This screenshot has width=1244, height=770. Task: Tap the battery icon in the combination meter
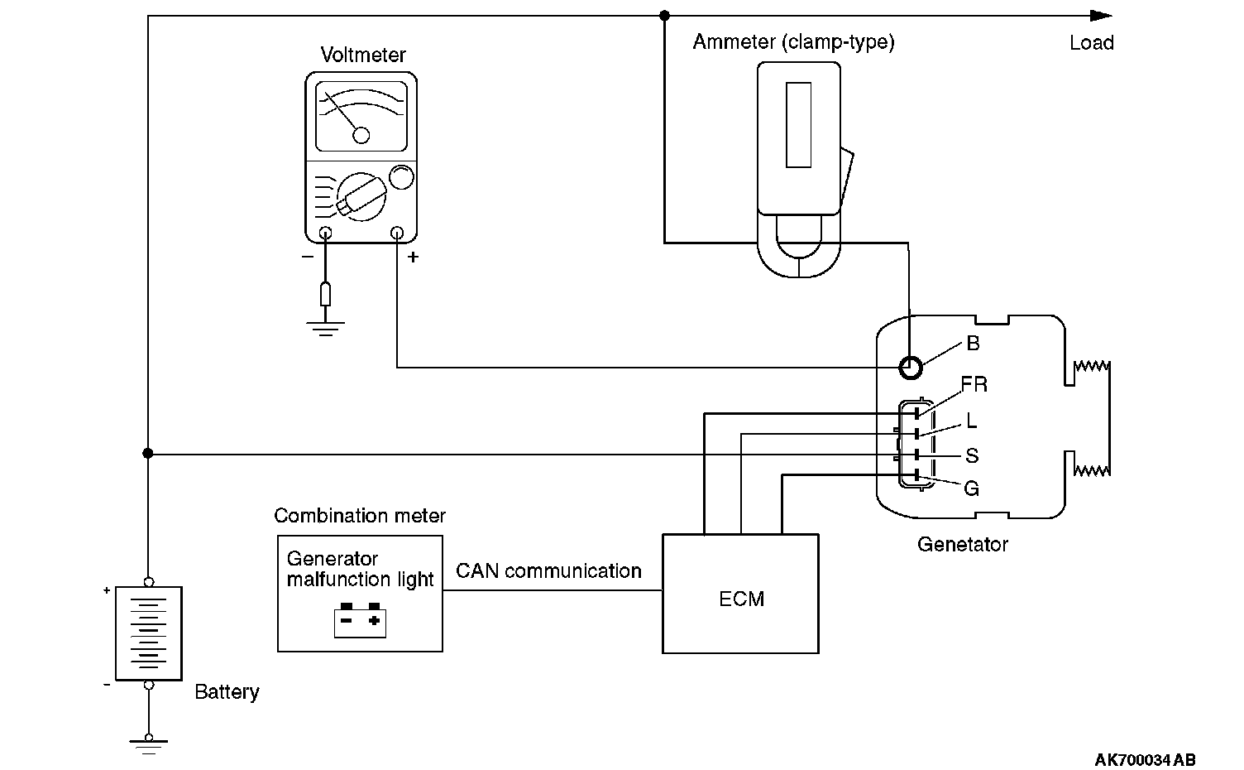361,620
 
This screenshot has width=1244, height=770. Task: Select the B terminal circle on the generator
910,367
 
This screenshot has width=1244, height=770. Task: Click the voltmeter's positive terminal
397,233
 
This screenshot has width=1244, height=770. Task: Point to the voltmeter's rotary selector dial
361,197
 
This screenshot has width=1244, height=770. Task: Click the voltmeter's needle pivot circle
361,135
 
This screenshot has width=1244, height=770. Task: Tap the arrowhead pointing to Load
1101,16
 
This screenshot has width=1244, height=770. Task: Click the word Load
1091,43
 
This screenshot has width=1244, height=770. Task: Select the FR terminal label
974,384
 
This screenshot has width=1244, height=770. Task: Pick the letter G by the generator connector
972,488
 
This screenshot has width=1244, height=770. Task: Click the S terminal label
972,455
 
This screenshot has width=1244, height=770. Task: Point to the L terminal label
971,421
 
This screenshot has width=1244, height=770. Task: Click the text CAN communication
548,571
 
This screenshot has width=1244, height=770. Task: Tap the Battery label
227,692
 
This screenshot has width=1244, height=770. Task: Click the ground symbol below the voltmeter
325,328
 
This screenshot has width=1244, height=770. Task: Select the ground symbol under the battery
149,745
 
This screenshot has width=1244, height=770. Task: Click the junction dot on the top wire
664,16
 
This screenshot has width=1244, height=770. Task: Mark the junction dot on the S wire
148,454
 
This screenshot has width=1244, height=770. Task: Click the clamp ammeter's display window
798,125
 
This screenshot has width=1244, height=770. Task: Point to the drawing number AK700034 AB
1145,760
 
